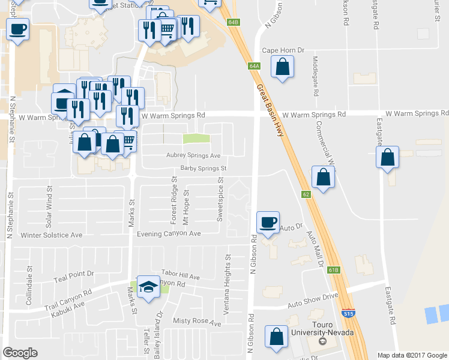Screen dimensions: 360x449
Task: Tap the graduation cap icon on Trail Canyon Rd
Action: [x=148, y=286]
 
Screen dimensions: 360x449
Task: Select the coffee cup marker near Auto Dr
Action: [x=268, y=222]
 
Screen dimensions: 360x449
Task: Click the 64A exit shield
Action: [x=255, y=66]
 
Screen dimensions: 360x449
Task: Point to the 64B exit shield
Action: [x=234, y=22]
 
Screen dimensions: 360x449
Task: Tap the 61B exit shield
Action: [x=334, y=270]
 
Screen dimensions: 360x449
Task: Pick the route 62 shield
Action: [x=306, y=194]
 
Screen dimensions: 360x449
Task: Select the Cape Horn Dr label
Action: [x=283, y=50]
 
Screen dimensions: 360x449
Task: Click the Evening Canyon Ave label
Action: [x=169, y=233]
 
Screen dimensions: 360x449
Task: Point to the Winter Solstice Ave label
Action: [x=52, y=235]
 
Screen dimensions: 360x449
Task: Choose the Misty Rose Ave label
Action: [x=197, y=323]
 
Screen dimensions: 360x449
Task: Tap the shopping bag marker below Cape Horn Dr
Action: [x=282, y=68]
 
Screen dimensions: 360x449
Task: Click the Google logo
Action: [x=20, y=353]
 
